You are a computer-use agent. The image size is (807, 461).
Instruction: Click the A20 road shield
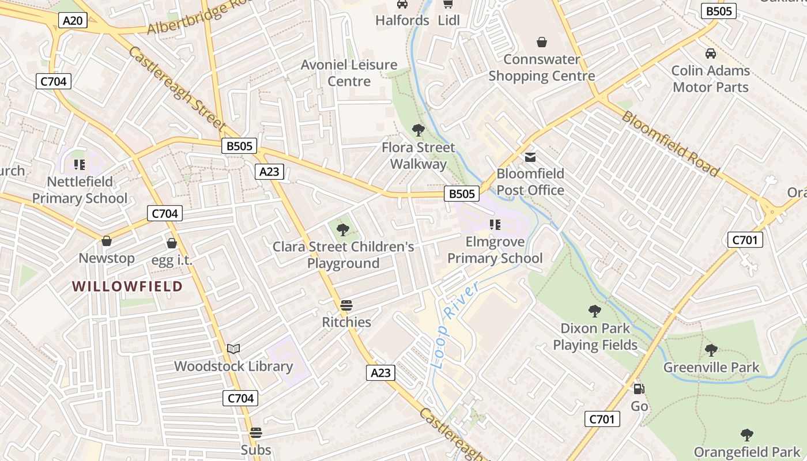(73, 21)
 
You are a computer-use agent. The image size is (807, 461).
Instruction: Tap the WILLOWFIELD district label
(127, 286)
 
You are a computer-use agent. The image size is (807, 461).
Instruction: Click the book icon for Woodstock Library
(233, 349)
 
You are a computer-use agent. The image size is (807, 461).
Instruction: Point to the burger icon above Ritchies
(346, 305)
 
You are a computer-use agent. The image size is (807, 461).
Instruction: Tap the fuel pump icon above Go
(639, 389)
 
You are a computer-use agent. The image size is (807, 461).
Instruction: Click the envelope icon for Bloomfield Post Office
(530, 157)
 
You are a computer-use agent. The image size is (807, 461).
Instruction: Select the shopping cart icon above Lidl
(448, 5)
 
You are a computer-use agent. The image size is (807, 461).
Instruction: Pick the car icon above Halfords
(402, 5)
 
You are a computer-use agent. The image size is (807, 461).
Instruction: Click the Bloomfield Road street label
(670, 143)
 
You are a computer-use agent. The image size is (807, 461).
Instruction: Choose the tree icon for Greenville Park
(711, 350)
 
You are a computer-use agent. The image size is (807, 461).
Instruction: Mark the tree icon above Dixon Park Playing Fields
(595, 311)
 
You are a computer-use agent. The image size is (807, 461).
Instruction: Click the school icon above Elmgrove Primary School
(495, 225)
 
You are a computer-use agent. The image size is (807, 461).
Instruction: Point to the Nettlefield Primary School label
(80, 190)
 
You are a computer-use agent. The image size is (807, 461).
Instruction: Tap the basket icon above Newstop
(107, 240)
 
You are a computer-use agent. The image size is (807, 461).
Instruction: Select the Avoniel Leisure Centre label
(349, 73)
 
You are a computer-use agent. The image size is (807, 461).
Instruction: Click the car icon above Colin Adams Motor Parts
(711, 54)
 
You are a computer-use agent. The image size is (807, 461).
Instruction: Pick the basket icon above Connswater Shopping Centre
(542, 42)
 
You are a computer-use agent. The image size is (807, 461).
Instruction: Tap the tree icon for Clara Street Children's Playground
(343, 230)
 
